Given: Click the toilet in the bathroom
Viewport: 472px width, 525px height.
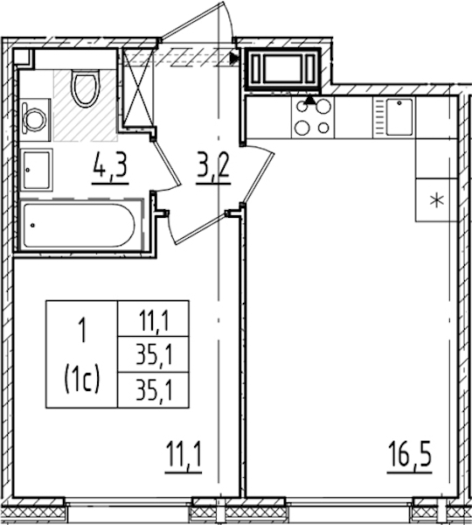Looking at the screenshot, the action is [x=86, y=88].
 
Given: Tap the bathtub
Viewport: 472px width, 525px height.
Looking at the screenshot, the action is [x=80, y=225].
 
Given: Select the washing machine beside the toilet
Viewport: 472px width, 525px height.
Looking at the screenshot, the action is [x=35, y=120].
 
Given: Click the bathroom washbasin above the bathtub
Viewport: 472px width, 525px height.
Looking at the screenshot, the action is [x=37, y=170].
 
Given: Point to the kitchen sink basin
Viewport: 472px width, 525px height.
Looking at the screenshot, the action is [x=399, y=117].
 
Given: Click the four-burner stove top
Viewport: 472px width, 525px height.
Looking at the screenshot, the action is [x=313, y=117].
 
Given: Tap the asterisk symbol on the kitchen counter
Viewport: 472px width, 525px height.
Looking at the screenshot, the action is [x=437, y=201].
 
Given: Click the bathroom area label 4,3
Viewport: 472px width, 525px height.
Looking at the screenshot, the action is [x=110, y=165].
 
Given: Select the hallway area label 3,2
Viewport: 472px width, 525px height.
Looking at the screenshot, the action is [x=213, y=165].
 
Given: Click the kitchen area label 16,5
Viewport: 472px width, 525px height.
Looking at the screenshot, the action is [x=409, y=454].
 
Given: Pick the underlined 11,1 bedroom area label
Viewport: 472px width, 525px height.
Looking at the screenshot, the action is [x=184, y=454].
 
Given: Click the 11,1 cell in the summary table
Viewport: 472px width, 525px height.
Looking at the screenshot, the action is [x=153, y=318].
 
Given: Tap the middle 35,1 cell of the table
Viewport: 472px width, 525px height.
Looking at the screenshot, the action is [x=153, y=353].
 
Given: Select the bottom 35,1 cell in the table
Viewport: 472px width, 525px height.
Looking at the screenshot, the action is [x=153, y=389].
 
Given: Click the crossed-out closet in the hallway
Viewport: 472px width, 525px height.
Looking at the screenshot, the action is [x=137, y=87].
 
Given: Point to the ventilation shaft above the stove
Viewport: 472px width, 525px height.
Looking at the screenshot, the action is [x=283, y=69].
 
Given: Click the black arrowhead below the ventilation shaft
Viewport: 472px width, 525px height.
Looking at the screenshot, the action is [x=311, y=100].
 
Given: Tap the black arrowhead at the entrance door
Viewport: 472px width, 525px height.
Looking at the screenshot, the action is [x=235, y=59].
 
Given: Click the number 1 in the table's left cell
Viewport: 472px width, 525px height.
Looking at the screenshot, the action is [x=81, y=330].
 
